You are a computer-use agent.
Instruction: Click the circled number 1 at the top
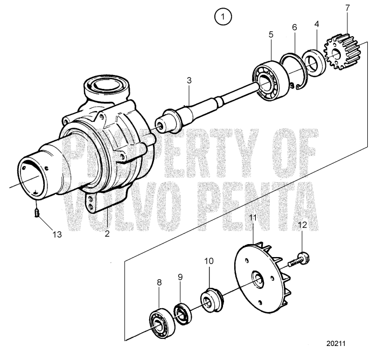[x=222, y=17]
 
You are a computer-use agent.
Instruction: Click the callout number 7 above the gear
[x=347, y=8]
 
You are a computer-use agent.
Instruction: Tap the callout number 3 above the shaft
[x=189, y=80]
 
